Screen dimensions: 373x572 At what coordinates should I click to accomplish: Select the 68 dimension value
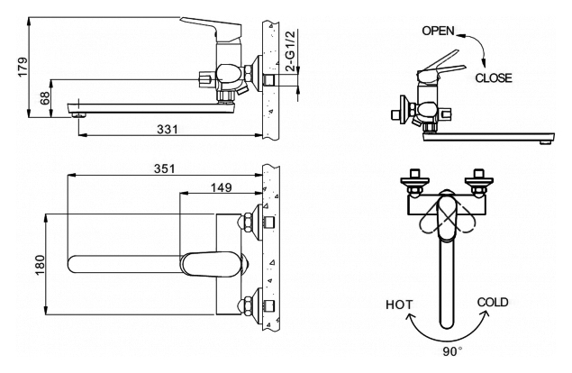46,96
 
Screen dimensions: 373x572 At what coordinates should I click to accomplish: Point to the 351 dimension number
163,168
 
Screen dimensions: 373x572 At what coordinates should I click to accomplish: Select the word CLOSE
494,77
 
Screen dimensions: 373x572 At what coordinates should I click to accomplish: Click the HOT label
399,305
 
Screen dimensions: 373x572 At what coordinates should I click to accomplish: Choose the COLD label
494,303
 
